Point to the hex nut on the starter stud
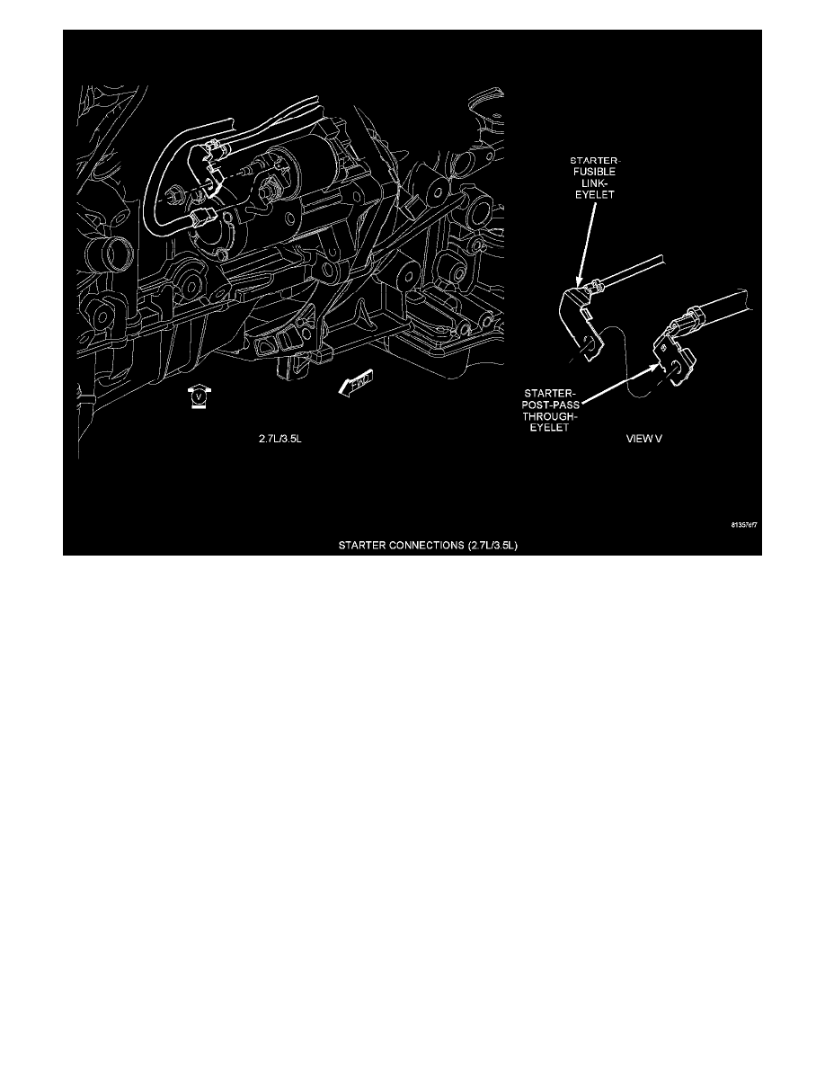269,191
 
